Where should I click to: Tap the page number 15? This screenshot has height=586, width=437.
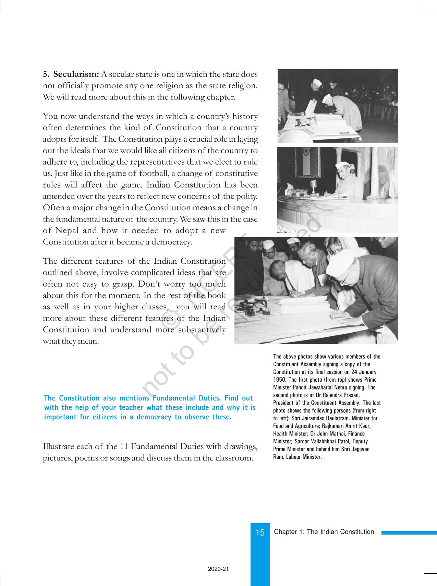260,533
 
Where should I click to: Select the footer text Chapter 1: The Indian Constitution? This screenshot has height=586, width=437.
324,532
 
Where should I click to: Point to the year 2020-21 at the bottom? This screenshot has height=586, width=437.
218,569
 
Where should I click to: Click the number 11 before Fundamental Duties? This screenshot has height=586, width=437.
124,446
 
